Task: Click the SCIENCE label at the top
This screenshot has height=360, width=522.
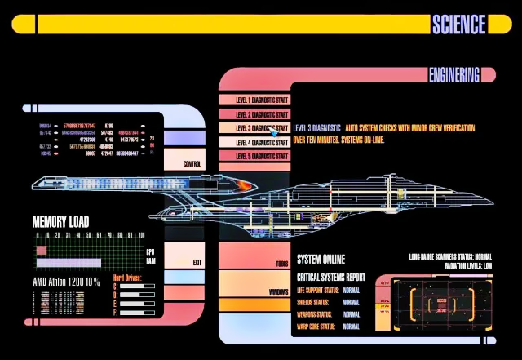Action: tap(458, 24)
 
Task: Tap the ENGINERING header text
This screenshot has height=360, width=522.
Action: tap(454, 76)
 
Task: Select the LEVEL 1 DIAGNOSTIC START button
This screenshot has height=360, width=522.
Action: tap(254, 100)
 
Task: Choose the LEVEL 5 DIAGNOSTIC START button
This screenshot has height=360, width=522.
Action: tap(254, 156)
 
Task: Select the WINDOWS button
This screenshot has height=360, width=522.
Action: tap(278, 291)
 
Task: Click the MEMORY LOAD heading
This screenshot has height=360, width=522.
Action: tap(60, 221)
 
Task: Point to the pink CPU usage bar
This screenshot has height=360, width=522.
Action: tap(87, 251)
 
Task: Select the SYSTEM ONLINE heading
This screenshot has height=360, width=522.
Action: tap(321, 259)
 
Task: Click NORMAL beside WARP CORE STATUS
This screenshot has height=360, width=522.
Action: tap(352, 327)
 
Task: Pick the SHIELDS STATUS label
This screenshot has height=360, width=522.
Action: tap(317, 302)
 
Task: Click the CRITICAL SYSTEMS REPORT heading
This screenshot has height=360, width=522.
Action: tap(330, 278)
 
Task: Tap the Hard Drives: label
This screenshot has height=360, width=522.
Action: tap(127, 278)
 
